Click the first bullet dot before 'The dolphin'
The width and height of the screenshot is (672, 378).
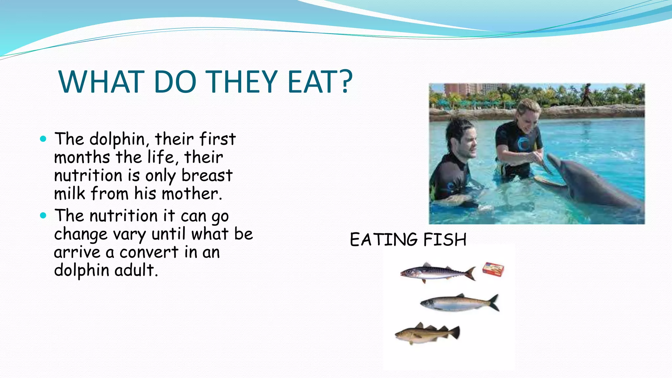coord(43,139)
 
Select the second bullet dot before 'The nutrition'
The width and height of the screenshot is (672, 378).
coord(43,216)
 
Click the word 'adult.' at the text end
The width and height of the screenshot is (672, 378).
coord(136,270)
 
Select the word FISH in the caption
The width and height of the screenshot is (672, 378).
coord(445,240)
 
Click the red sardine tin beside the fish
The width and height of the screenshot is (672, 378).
coord(493,269)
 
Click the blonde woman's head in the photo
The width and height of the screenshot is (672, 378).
coord(528,115)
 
